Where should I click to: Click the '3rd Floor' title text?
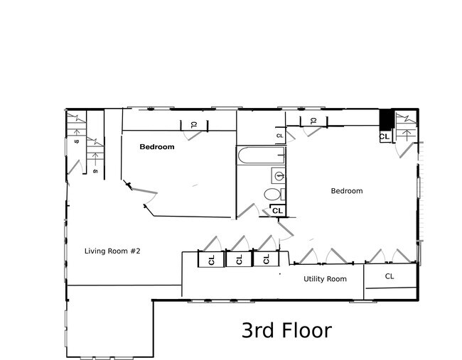pyautogui.click(x=286, y=330)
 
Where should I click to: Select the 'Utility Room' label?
pyautogui.click(x=325, y=279)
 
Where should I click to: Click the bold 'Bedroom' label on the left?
pyautogui.click(x=156, y=147)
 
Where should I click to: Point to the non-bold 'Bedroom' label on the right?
pyautogui.click(x=347, y=191)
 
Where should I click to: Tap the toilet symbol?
pyautogui.click(x=272, y=194)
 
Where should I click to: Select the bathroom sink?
pyautogui.click(x=279, y=175)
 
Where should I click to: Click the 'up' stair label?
pyautogui.click(x=76, y=141)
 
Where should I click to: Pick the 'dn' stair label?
pyautogui.click(x=95, y=171)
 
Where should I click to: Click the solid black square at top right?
pyautogui.click(x=385, y=119)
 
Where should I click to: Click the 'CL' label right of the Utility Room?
pyautogui.click(x=390, y=276)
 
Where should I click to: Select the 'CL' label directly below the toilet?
pyautogui.click(x=277, y=211)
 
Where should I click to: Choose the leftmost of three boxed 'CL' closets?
pyautogui.click(x=212, y=259)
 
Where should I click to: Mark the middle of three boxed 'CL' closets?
pyautogui.click(x=239, y=259)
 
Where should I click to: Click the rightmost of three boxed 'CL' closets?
pyautogui.click(x=266, y=259)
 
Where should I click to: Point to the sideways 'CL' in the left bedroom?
pyautogui.click(x=193, y=125)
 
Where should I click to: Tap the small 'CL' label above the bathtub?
pyautogui.click(x=279, y=136)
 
